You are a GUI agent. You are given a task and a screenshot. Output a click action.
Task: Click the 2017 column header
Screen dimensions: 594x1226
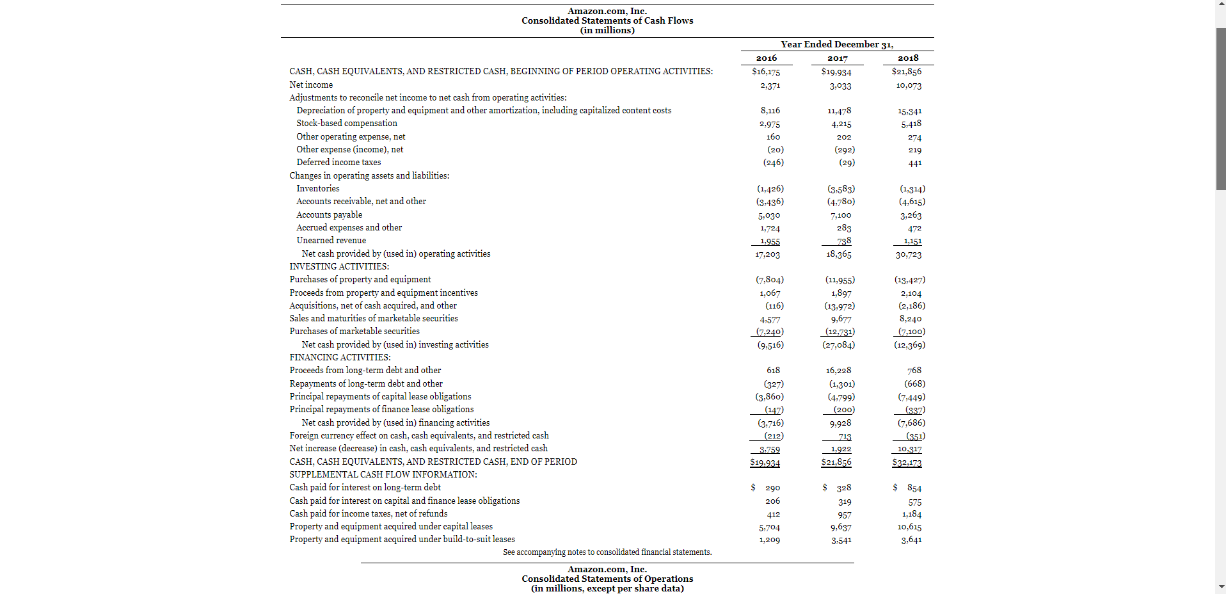pos(837,58)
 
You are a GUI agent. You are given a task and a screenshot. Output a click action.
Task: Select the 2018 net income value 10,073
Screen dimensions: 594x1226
pos(909,85)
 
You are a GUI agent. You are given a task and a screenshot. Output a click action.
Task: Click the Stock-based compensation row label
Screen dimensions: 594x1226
pos(346,124)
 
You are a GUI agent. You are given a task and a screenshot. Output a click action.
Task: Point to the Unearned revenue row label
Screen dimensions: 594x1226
pos(331,241)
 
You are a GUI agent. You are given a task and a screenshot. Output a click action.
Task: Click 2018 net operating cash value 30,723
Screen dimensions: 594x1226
pos(909,255)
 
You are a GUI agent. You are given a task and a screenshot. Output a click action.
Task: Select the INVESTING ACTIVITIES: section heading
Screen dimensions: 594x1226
pos(339,267)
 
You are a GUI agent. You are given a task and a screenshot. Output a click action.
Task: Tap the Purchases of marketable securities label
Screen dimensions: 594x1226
pos(354,332)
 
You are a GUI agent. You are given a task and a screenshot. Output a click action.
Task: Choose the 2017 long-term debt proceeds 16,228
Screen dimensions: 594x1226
pos(838,371)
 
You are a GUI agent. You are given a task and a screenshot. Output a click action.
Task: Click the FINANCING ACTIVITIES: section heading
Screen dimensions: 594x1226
pos(340,358)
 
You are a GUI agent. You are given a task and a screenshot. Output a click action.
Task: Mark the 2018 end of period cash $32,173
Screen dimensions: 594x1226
pos(907,462)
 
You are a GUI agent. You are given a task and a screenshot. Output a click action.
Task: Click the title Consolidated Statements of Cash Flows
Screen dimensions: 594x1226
pos(607,20)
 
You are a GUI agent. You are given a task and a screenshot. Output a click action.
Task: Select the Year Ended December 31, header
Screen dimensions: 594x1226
pos(837,44)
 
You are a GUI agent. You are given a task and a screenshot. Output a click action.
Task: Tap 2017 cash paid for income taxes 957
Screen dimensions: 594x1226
pos(844,515)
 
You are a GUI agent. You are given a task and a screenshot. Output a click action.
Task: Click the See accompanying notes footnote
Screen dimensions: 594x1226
pos(607,552)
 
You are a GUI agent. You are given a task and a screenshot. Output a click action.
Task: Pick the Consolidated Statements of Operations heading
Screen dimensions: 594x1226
pos(607,579)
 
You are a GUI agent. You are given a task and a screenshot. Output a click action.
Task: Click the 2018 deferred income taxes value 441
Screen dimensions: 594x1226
pos(914,163)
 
